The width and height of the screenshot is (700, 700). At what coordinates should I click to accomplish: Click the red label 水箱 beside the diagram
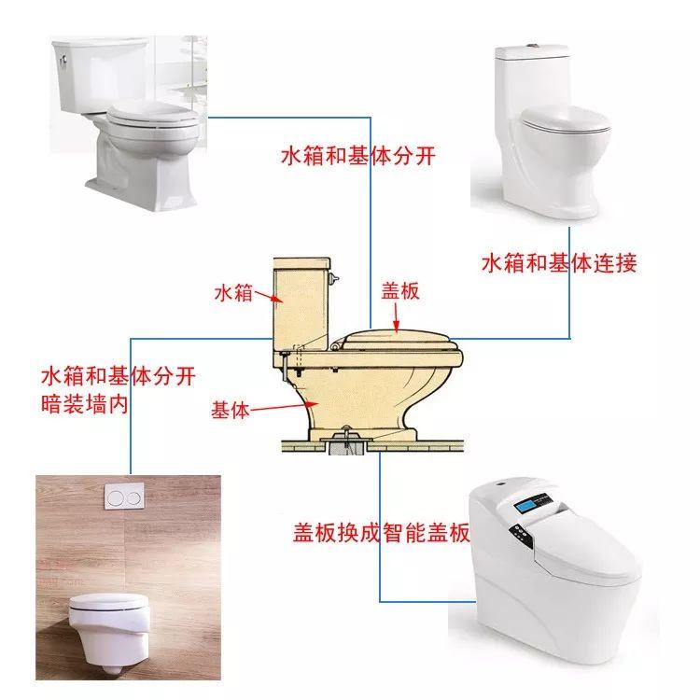(233, 293)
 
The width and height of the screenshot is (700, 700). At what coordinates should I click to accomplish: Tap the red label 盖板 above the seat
(400, 290)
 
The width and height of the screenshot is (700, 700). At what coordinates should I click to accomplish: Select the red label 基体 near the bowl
(230, 410)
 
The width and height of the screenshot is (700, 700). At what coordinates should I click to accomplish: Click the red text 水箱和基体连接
(559, 263)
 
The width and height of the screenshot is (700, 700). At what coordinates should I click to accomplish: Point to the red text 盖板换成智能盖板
(382, 532)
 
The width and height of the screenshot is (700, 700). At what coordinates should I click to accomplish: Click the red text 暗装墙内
(85, 404)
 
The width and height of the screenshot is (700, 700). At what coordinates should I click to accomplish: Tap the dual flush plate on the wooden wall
(124, 497)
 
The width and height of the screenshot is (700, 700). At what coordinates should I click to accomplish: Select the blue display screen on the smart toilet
(525, 507)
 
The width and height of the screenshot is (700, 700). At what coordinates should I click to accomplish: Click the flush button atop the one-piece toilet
(531, 46)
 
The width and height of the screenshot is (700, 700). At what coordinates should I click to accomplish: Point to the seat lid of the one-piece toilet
(567, 119)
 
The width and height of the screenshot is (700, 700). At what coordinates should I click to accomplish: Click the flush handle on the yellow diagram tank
(333, 278)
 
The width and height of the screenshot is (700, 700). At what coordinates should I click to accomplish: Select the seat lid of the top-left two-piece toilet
(152, 116)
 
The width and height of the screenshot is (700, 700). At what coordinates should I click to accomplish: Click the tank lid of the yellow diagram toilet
(301, 263)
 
